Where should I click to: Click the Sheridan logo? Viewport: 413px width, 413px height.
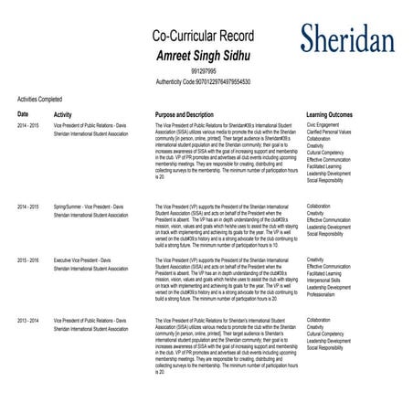tap(347, 37)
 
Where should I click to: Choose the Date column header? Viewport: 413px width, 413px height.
tap(23, 114)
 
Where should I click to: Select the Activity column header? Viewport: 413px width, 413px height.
tap(63, 115)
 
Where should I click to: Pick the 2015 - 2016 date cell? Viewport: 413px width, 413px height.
tap(28, 259)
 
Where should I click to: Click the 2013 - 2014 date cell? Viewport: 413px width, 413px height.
tap(28, 321)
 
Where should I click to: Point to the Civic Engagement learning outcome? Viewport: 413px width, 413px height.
tap(324, 126)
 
